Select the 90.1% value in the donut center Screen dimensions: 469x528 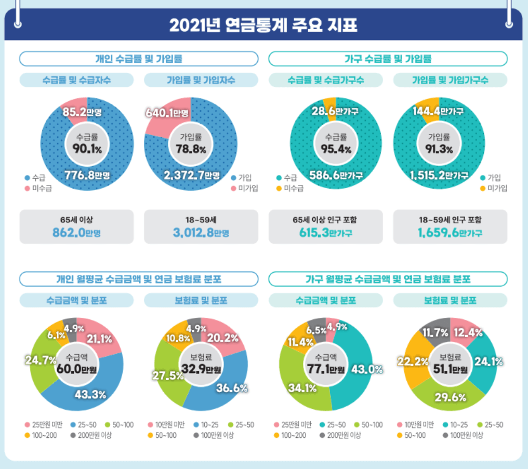(x=87, y=149)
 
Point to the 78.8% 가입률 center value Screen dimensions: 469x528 (x=190, y=149)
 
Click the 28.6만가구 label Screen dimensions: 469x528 (x=335, y=111)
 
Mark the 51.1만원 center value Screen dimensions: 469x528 (x=450, y=369)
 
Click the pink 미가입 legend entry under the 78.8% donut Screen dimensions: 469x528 (x=244, y=188)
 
